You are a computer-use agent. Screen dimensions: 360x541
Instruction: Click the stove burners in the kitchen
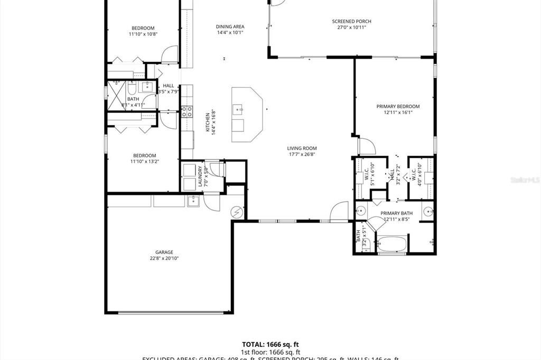pyautogui.click(x=186, y=111)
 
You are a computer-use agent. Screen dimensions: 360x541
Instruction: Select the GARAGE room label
pyautogui.click(x=164, y=252)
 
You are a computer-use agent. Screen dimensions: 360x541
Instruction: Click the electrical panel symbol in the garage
pyautogui.click(x=237, y=212)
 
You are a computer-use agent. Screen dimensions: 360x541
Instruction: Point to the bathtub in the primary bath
pyautogui.click(x=391, y=244)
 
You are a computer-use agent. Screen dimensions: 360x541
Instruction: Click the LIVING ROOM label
pyautogui.click(x=302, y=148)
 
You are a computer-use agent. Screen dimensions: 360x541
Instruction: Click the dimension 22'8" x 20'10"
pyautogui.click(x=164, y=259)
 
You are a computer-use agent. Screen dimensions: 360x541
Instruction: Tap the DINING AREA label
pyautogui.click(x=230, y=26)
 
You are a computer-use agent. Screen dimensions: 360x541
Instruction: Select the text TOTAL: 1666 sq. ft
pyautogui.click(x=271, y=344)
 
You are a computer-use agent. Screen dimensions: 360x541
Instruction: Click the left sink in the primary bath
pyautogui.click(x=361, y=212)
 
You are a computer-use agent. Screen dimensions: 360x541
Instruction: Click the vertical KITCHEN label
pyautogui.click(x=208, y=123)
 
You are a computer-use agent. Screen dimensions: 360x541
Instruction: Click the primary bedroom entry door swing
pyautogui.click(x=366, y=146)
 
